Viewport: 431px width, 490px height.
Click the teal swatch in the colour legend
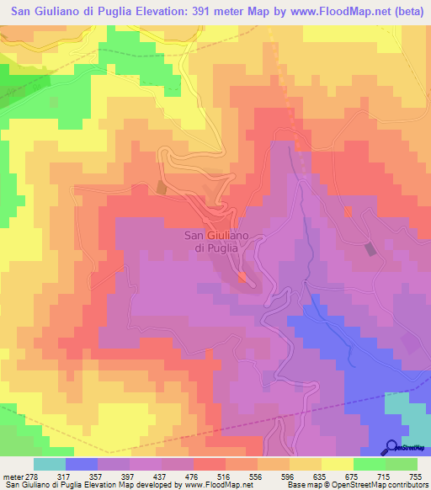pos(50,465)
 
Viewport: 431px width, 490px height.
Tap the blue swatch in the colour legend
pos(82,465)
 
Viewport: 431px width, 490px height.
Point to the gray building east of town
pos(370,248)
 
